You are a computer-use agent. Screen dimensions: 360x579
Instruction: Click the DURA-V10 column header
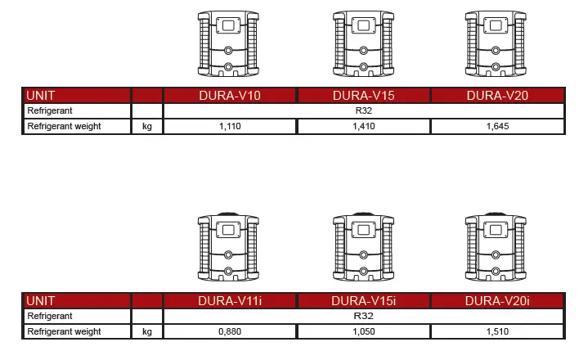230,96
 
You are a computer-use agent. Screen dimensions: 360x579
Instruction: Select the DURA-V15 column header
364,96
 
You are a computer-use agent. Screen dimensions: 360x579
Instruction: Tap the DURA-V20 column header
497,96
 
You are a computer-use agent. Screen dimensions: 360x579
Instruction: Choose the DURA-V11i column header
230,301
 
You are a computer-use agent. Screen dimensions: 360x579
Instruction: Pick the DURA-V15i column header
364,301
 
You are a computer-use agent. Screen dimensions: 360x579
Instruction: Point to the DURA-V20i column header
497,301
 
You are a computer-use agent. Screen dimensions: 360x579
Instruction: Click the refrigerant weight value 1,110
230,127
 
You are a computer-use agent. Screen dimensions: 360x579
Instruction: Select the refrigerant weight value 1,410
364,127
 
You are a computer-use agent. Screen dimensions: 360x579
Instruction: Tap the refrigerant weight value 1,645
497,127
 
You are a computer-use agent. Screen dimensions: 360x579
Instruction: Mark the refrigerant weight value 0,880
230,332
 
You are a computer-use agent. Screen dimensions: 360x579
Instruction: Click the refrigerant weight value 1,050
364,332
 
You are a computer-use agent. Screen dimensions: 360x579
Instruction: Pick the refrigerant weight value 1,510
497,332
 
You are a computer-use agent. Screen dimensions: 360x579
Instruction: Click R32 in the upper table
364,110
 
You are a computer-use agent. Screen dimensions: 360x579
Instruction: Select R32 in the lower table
364,316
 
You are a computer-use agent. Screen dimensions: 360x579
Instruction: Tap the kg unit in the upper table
147,127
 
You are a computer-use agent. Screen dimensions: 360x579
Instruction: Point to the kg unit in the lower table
147,332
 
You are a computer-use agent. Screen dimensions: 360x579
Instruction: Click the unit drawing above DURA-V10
230,43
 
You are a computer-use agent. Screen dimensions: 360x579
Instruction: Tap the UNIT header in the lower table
42,301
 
